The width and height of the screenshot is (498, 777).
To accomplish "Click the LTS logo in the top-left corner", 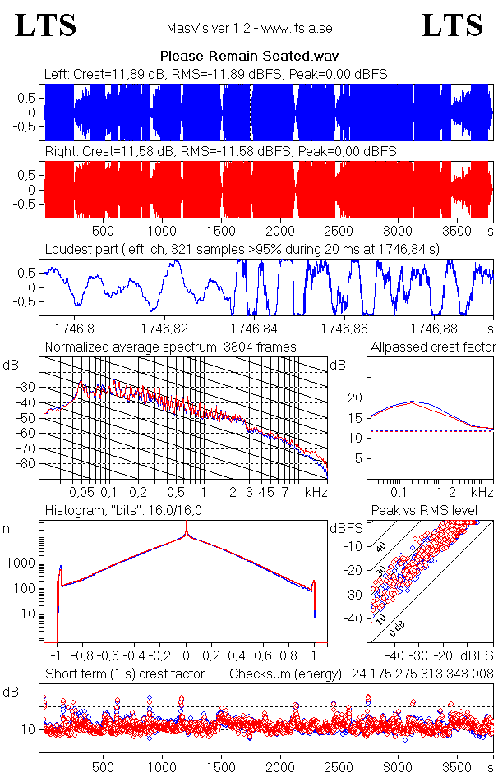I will (46, 25).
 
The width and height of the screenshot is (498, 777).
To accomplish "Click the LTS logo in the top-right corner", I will (452, 25).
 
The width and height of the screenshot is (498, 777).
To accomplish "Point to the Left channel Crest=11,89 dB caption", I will (215, 74).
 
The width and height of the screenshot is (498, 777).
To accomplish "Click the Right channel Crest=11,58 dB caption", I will (220, 152).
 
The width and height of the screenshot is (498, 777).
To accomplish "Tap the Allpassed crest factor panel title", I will (433, 347).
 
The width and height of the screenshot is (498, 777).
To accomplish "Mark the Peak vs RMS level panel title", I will (436, 511).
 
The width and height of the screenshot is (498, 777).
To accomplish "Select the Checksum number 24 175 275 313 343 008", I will (423, 674).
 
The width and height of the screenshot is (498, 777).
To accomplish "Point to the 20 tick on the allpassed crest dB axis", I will (356, 398).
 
